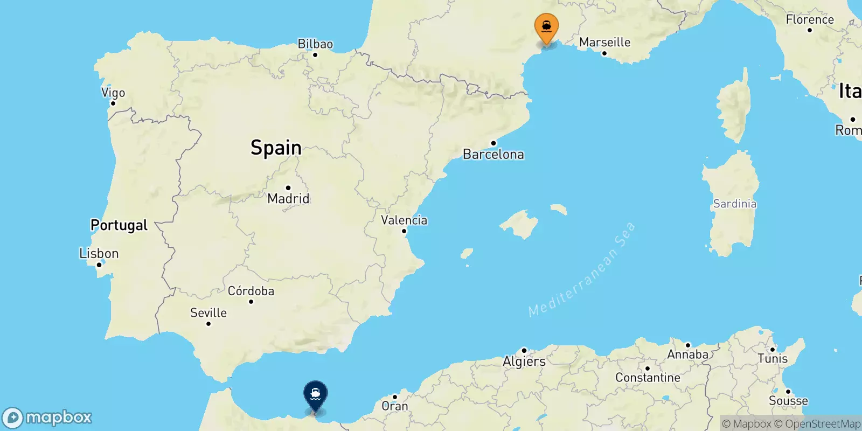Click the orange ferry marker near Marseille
(546, 27)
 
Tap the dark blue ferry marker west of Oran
(315, 394)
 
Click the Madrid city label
(288, 198)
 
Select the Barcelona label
(493, 155)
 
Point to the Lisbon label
(99, 253)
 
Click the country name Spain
(276, 148)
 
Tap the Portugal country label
(119, 225)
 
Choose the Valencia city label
(404, 220)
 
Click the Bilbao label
(315, 44)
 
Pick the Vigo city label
(113, 93)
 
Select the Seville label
(208, 312)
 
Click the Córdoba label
(251, 291)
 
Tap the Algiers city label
(524, 362)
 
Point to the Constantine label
(648, 378)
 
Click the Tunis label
(772, 359)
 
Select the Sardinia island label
(734, 204)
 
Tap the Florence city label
(809, 20)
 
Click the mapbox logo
(47, 418)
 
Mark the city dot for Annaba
(688, 345)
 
